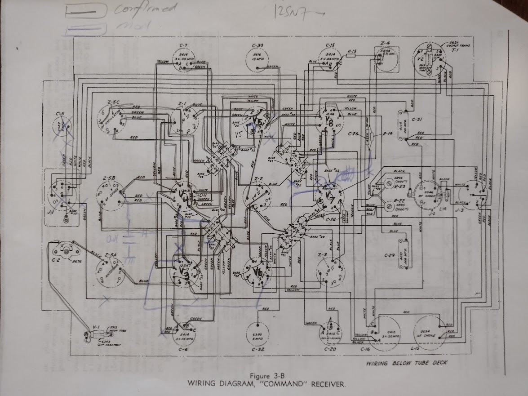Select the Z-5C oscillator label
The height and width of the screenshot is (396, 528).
113,102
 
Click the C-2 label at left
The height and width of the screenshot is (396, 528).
56,260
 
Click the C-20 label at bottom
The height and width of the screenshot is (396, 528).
330,349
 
